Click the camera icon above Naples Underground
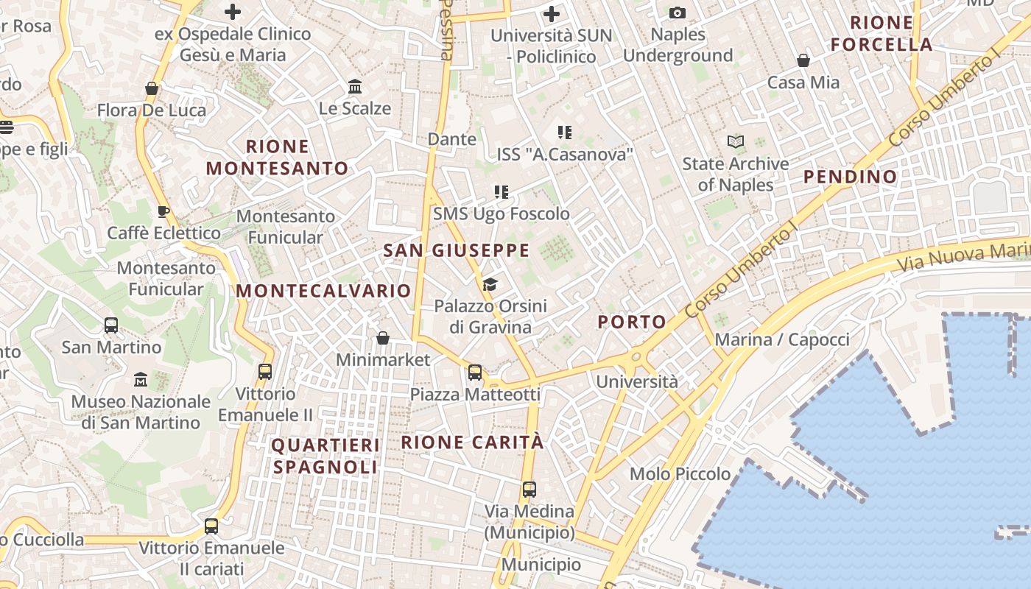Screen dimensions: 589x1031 click(x=677, y=13)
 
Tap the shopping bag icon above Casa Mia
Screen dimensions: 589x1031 click(x=803, y=60)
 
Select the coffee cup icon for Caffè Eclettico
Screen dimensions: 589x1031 click(x=163, y=212)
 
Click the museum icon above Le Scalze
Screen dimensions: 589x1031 click(x=355, y=87)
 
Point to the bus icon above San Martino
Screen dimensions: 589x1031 click(x=111, y=325)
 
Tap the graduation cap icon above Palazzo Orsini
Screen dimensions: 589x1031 click(x=490, y=284)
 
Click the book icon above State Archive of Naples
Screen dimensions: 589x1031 click(x=735, y=141)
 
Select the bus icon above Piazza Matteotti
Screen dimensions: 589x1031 click(x=475, y=373)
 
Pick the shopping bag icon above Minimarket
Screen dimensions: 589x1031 click(x=382, y=338)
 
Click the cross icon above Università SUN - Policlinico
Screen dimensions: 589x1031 click(x=551, y=13)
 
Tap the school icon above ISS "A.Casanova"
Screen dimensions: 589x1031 click(x=564, y=133)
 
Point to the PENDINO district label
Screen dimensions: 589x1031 click(x=850, y=177)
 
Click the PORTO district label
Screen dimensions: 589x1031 click(x=632, y=322)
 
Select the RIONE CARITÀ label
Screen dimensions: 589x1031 click(x=472, y=442)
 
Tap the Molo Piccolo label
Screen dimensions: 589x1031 click(x=680, y=473)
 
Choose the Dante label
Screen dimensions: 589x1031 click(x=452, y=139)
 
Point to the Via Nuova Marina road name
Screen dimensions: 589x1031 click(x=965, y=254)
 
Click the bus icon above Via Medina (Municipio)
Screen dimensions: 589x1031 click(x=529, y=489)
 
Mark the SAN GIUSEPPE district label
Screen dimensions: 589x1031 click(x=456, y=250)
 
